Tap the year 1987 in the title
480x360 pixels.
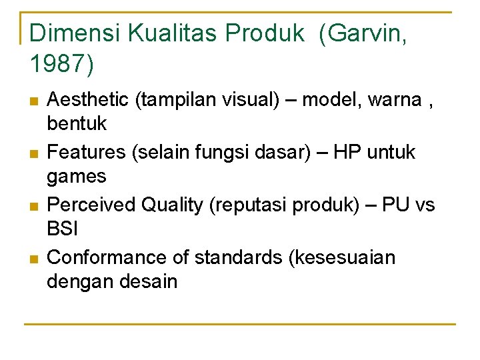[x=58, y=64]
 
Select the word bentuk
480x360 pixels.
[x=77, y=124]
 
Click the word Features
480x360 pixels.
[x=87, y=153]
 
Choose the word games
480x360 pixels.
[x=77, y=177]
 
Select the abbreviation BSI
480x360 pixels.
[x=63, y=229]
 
